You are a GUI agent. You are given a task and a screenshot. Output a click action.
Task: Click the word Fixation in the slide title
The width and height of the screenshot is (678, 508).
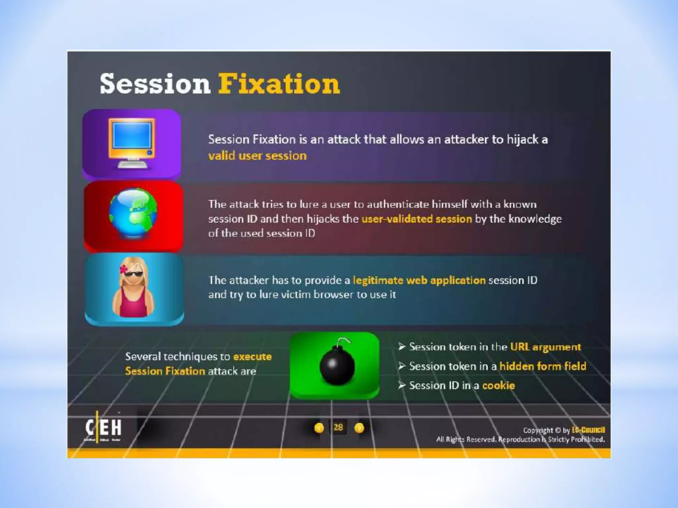click(x=279, y=84)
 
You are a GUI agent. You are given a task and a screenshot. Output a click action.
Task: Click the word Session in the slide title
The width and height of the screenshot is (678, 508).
click(x=155, y=84)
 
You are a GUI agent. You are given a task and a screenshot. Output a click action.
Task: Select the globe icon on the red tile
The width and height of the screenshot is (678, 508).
click(x=133, y=213)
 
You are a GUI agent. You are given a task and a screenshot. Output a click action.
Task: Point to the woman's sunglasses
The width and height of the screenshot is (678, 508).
click(x=134, y=274)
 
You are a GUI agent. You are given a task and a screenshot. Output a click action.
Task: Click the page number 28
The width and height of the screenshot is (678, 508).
click(x=338, y=427)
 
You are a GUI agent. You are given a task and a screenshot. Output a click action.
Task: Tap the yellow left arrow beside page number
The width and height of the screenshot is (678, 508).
click(x=319, y=428)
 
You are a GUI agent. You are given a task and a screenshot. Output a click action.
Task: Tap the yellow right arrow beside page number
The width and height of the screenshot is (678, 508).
click(x=359, y=428)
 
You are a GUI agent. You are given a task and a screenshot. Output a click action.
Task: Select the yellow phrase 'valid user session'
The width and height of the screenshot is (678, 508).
click(x=257, y=156)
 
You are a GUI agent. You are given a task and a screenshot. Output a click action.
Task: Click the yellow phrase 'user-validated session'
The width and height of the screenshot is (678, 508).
click(x=416, y=219)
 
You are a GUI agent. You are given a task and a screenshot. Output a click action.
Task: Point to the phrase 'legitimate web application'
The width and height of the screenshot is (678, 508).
click(x=419, y=280)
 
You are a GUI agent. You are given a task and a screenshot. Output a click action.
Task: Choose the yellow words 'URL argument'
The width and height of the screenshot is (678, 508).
click(x=545, y=347)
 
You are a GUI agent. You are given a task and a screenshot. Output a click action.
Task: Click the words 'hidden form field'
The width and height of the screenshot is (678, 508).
click(x=543, y=366)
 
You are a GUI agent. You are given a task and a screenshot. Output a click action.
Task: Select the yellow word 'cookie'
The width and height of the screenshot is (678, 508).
click(x=498, y=386)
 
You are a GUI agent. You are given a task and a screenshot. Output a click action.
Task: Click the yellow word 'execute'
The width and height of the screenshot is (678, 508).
click(x=252, y=357)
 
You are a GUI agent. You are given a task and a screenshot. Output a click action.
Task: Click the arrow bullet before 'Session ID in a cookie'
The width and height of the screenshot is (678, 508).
click(x=402, y=385)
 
